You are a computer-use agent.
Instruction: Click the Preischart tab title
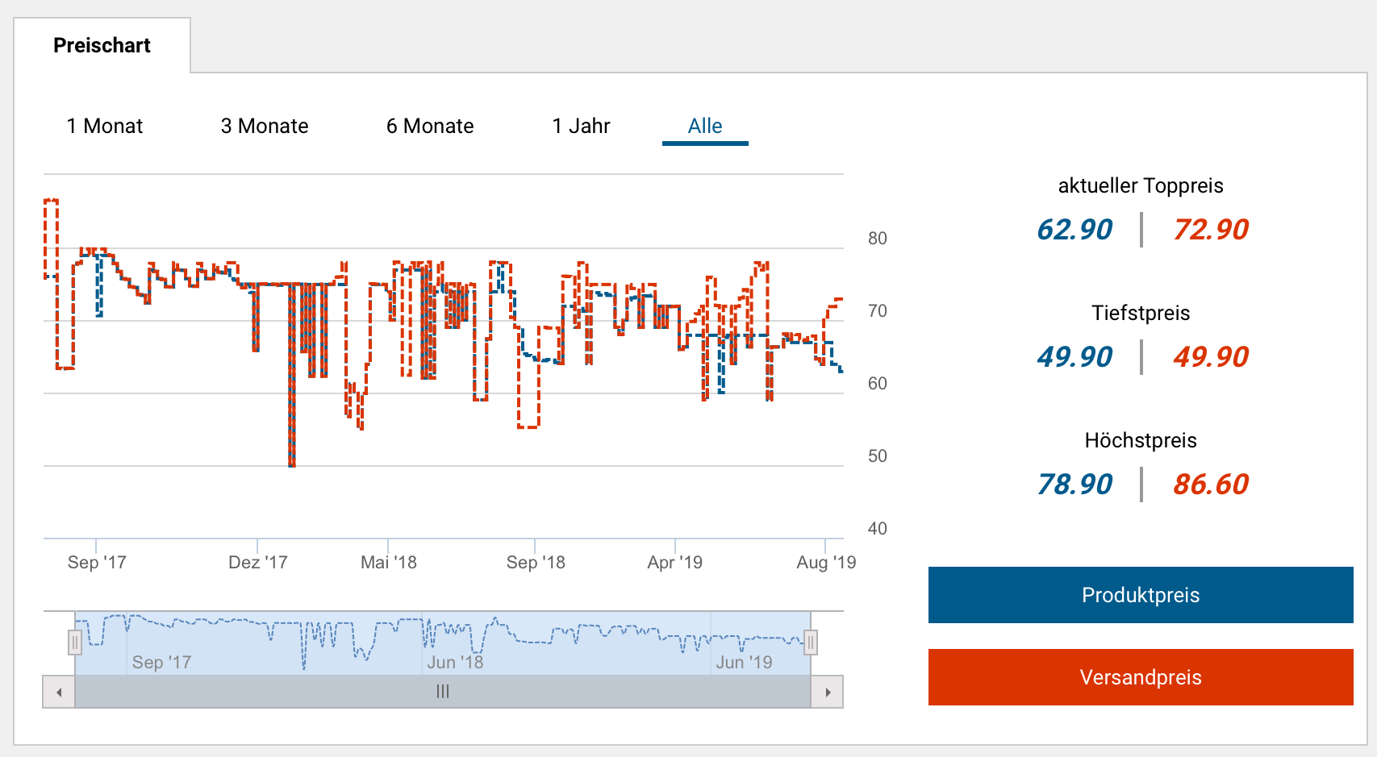click(102, 46)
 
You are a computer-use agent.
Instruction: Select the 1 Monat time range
click(105, 127)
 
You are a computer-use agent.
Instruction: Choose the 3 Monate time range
click(265, 127)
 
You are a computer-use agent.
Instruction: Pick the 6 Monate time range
click(430, 127)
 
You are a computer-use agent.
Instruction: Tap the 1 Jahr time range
click(581, 127)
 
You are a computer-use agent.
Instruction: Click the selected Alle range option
click(705, 127)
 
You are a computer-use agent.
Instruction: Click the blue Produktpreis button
click(1141, 595)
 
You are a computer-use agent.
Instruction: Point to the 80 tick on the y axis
click(877, 239)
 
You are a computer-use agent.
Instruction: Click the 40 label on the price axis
click(877, 529)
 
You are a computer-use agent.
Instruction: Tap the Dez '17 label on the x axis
click(258, 563)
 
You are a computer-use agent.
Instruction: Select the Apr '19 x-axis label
click(675, 563)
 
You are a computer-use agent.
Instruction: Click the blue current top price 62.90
click(1074, 230)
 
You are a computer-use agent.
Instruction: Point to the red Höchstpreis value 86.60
click(1211, 485)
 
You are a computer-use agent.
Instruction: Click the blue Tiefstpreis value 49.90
click(1074, 357)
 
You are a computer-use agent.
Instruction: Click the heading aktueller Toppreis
click(1141, 186)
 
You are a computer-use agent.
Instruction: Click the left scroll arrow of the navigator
click(59, 692)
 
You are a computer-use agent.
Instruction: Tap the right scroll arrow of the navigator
click(828, 692)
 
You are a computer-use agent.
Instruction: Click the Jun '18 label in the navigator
click(455, 663)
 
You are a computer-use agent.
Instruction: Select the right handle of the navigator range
click(811, 643)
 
